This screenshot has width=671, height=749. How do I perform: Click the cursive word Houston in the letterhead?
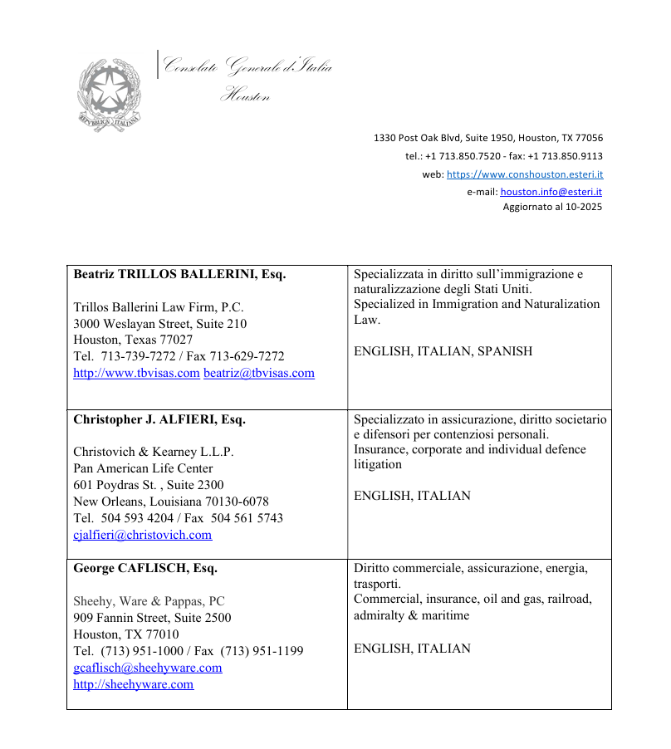[x=245, y=96]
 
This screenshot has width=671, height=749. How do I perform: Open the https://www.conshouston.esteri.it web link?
[x=525, y=174]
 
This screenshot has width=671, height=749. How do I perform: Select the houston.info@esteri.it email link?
[x=551, y=191]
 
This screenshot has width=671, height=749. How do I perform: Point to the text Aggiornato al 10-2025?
[x=552, y=207]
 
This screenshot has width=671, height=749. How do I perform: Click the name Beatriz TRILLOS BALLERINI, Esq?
[x=179, y=274]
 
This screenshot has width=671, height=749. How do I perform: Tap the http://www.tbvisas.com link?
[x=136, y=373]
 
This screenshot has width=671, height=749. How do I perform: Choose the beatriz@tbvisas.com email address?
[x=259, y=373]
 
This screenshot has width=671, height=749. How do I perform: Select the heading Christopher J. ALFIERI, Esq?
[x=159, y=419]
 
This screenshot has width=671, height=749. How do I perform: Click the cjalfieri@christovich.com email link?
[x=142, y=535]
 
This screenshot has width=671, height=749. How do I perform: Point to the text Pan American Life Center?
[x=143, y=468]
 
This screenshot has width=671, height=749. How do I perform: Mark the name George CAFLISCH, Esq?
[x=145, y=569]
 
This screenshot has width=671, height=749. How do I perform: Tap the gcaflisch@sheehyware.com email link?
[x=148, y=668]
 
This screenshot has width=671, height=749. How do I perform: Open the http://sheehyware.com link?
[x=133, y=684]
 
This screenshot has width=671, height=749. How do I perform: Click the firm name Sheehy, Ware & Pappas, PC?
[x=149, y=601]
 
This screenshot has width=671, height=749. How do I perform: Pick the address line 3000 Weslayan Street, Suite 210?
[x=159, y=323]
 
